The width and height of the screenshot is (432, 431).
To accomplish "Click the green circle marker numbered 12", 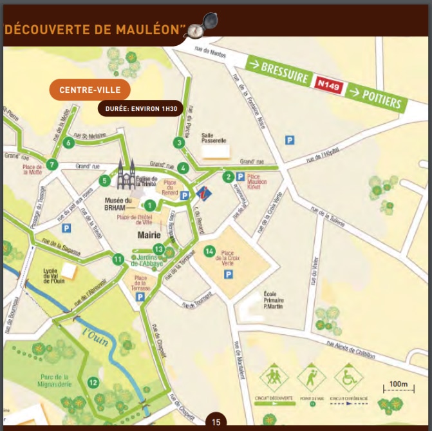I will click(93, 383).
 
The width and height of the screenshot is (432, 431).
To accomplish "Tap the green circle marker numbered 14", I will click(209, 250).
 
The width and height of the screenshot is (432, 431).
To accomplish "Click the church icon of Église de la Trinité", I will click(126, 174).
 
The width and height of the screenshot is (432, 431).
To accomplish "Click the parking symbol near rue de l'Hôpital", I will click(290, 139).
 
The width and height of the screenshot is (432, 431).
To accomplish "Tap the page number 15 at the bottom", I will click(216, 422).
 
